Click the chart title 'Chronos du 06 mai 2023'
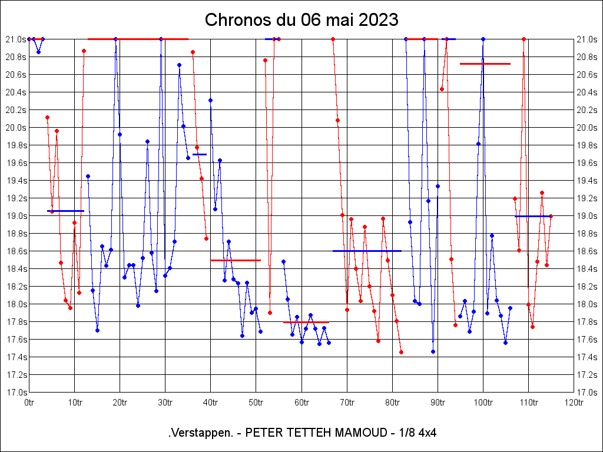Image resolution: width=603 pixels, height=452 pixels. [x=301, y=20]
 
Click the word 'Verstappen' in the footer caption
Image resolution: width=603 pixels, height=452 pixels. [x=200, y=433]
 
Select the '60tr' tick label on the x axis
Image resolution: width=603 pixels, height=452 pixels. [x=301, y=403]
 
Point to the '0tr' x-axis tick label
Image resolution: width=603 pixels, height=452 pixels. [x=29, y=403]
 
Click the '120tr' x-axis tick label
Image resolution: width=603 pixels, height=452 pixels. [x=574, y=403]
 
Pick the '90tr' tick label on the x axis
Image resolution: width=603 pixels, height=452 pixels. [x=438, y=403]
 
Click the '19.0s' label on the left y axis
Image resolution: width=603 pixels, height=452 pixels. [x=15, y=216]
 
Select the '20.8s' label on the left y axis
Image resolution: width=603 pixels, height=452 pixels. [x=15, y=57]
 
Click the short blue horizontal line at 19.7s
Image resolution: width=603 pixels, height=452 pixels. [x=200, y=154]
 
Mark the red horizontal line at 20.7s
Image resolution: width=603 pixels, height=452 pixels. [x=485, y=64]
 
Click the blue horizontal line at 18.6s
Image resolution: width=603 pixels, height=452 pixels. [x=367, y=251]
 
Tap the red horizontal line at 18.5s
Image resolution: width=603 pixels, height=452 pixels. [x=236, y=260]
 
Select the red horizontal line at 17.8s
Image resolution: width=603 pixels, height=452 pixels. [x=306, y=323]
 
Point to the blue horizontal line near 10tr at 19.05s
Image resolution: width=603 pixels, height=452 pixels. [x=65, y=211]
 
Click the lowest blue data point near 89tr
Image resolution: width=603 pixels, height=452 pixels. [x=433, y=351]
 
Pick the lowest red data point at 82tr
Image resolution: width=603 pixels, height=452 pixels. [x=401, y=352]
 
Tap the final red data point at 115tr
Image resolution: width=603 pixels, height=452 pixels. [x=551, y=216]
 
